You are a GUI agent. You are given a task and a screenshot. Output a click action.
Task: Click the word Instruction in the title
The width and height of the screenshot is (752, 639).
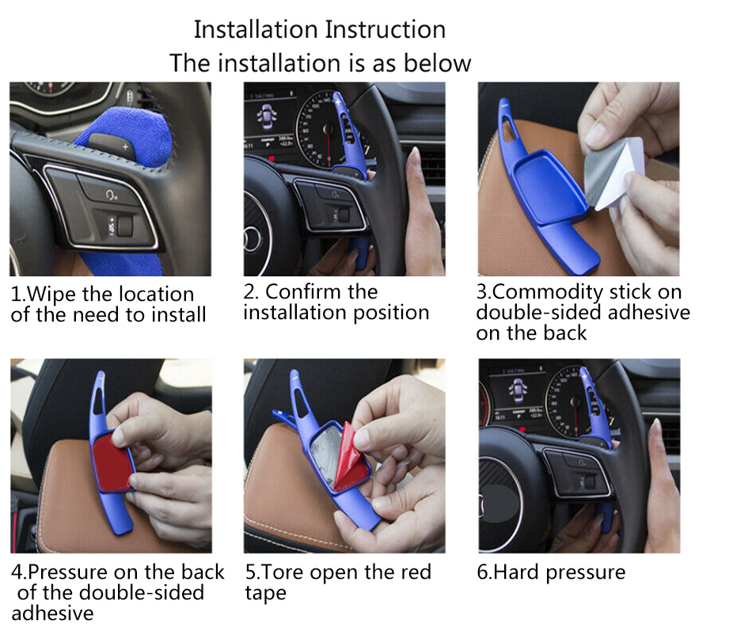tap(385, 30)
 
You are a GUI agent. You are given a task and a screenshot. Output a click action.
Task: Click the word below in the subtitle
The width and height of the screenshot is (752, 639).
tap(438, 63)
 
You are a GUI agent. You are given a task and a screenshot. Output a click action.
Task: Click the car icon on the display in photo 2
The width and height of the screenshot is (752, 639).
tap(266, 118)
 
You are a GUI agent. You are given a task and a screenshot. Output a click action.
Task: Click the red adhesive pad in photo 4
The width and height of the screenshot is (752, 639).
tap(112, 462)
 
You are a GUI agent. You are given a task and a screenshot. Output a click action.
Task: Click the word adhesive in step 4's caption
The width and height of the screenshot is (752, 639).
tap(53, 613)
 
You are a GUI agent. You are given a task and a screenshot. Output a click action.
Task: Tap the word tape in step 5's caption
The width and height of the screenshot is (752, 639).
tap(266, 593)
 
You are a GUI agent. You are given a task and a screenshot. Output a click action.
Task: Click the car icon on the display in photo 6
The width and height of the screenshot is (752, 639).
tap(517, 390)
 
